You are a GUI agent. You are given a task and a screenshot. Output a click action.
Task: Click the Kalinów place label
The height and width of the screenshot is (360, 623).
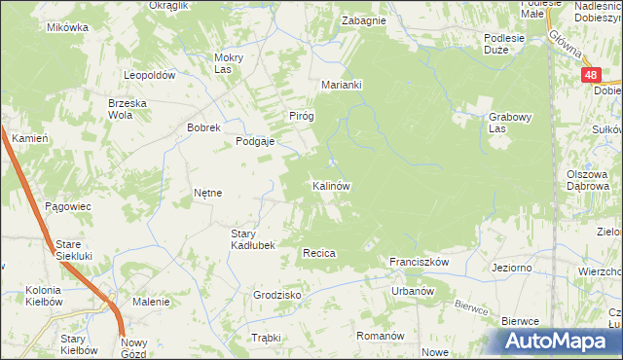(x=331, y=185)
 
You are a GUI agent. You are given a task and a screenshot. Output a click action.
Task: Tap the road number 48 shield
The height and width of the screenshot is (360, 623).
(x=591, y=74)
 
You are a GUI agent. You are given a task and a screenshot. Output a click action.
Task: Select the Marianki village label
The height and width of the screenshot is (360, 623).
(x=342, y=85)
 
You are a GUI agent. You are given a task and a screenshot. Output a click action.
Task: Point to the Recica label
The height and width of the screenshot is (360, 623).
(x=319, y=253)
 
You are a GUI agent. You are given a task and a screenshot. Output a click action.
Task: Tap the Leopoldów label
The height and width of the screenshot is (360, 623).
(x=149, y=75)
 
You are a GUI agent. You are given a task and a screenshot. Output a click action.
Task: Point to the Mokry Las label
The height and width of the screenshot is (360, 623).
(x=228, y=63)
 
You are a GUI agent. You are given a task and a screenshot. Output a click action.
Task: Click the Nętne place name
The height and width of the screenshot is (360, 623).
(x=208, y=193)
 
